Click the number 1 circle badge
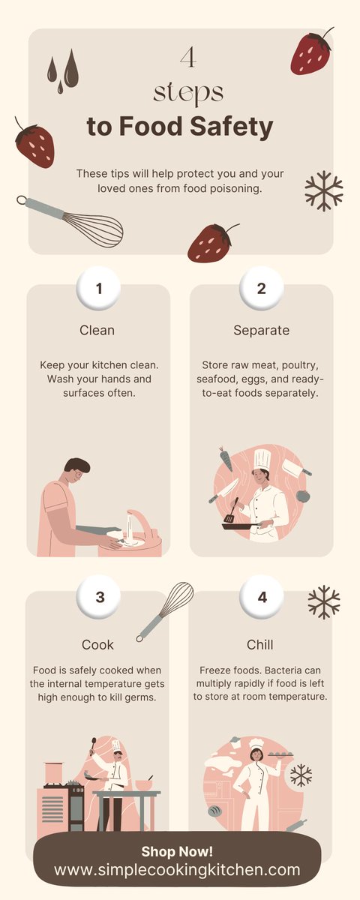98,289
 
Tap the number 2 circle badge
261,289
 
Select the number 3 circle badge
98,598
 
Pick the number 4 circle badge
261,598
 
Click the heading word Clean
97,330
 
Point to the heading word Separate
261,330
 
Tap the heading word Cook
97,645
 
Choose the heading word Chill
260,645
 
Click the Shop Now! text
177,851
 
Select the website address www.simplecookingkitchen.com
177,870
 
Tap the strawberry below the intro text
210,241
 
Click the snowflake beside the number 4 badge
324,602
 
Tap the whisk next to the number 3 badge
165,610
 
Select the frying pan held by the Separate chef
237,525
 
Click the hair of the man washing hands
76,466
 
